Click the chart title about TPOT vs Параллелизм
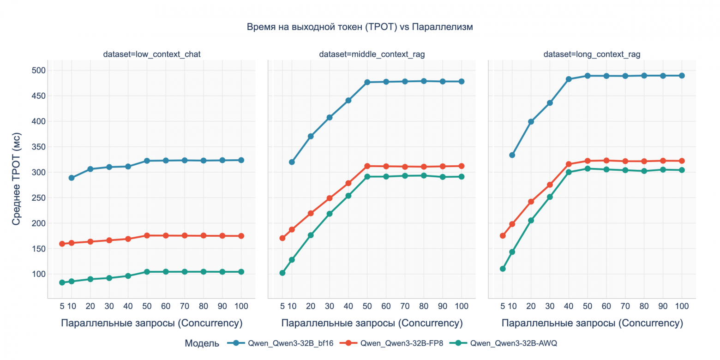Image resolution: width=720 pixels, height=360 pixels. pos(360,27)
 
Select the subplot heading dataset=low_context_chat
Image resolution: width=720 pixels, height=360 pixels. pos(152,54)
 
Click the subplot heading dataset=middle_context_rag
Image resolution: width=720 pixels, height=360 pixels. pos(372,54)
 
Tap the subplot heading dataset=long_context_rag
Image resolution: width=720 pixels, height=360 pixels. pos(592,54)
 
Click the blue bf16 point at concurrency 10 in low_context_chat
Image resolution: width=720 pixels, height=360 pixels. pos(72,178)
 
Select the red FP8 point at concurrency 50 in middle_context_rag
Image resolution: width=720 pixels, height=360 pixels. pos(367,166)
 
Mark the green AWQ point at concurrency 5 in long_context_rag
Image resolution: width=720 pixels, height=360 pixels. pos(503,269)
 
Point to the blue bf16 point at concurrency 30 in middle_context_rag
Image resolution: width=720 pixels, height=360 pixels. pos(330,118)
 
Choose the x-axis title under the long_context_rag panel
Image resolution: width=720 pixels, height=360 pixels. pos(592,324)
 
